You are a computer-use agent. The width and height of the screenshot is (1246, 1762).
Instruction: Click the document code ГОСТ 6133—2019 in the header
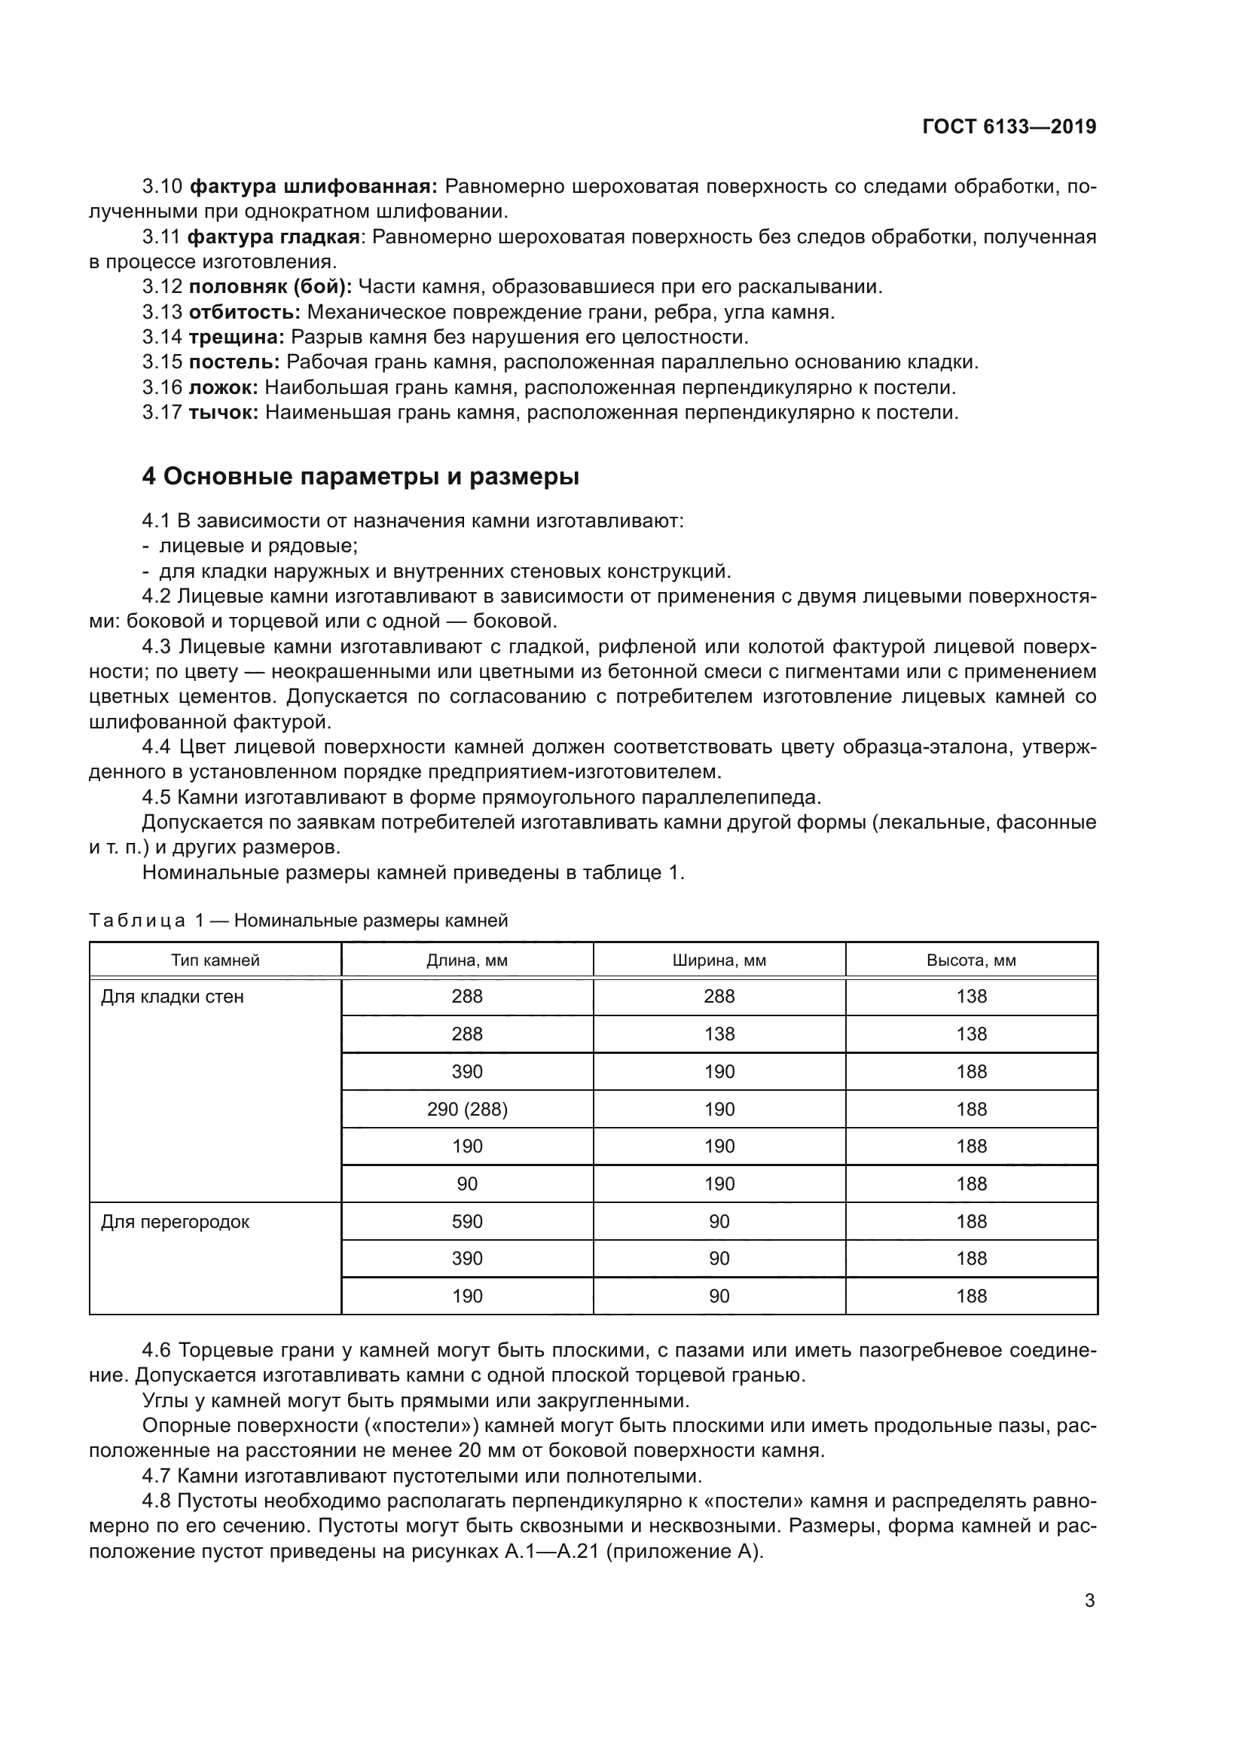[1009, 127]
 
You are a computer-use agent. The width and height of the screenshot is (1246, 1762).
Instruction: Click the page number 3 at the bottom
[1089, 1600]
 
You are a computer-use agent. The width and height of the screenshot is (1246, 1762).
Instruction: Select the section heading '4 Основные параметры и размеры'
[360, 477]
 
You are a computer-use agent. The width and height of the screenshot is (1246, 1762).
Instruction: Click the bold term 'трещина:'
[237, 337]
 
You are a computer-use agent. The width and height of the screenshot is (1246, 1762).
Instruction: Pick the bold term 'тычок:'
[223, 412]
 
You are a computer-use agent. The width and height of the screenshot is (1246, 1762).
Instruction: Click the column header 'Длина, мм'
[466, 960]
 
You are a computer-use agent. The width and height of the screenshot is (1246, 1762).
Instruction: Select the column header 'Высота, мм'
[970, 960]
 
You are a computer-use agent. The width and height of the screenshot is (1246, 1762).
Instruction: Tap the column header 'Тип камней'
[215, 960]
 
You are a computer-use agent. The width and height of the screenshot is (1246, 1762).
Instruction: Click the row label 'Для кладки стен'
[172, 997]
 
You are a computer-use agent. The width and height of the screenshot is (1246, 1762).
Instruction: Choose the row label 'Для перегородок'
[175, 1222]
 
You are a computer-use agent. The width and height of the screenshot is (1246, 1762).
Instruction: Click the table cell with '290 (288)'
[466, 1109]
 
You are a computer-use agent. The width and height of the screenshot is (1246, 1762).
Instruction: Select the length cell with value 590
[466, 1222]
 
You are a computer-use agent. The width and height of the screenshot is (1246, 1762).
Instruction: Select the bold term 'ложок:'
[223, 387]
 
